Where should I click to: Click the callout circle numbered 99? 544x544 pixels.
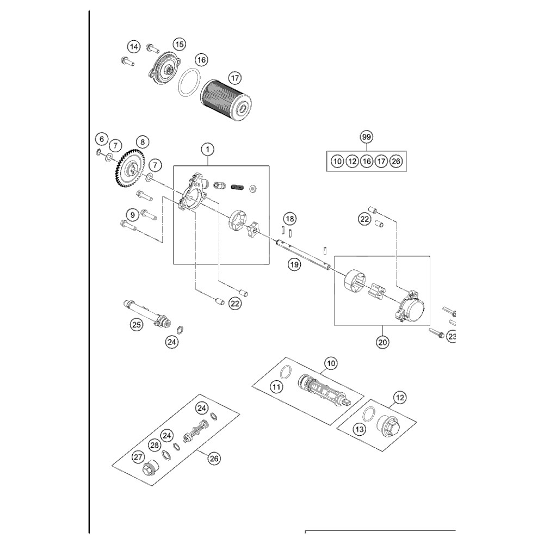point(367,137)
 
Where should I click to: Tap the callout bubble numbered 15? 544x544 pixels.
point(180,44)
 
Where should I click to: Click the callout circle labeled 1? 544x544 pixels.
point(207,148)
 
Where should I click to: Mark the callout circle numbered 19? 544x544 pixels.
point(294,265)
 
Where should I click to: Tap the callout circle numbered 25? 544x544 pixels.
point(136,325)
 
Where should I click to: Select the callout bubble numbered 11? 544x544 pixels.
point(277,387)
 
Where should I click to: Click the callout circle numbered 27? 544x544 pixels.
point(137,458)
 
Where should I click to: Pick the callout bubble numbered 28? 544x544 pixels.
point(154,445)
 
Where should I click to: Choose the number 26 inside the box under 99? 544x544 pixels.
point(395,161)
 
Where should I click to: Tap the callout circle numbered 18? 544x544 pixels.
point(290,219)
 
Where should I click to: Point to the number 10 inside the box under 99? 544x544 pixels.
point(337,161)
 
